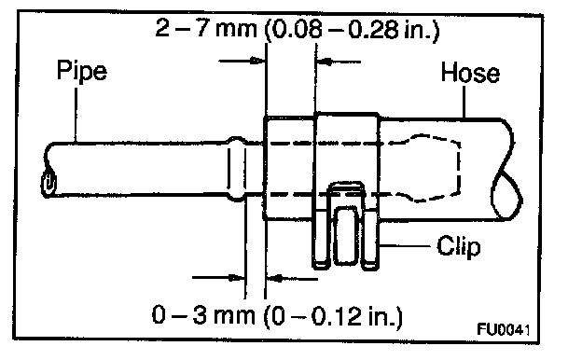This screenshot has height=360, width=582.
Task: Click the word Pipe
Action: [82, 71]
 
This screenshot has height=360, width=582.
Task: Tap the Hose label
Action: [470, 73]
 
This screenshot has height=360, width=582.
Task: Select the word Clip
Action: [458, 247]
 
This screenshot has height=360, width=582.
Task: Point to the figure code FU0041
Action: [504, 329]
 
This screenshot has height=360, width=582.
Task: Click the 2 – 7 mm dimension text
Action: [206, 28]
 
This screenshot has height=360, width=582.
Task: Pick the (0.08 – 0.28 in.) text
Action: [352, 30]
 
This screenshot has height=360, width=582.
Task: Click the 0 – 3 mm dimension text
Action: [203, 316]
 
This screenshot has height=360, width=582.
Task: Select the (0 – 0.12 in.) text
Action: [333, 316]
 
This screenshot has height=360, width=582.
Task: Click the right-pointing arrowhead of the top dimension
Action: [257, 61]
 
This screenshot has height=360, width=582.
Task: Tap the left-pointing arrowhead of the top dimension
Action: [324, 62]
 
